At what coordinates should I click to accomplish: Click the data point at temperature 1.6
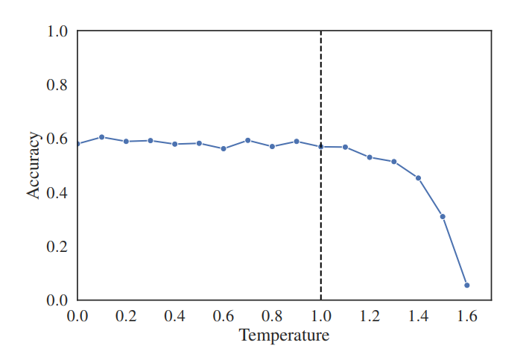pos(467,285)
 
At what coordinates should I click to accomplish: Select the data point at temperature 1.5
pos(443,217)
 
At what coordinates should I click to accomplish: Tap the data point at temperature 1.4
pos(418,178)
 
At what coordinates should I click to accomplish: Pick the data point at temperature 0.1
pos(101,137)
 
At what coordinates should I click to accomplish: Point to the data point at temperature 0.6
pos(224,149)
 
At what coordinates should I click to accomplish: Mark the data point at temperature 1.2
pos(370,157)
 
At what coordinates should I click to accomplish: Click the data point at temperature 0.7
pos(247,140)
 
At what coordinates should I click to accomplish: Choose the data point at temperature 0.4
pos(174,144)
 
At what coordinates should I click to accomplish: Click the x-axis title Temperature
pos(284,335)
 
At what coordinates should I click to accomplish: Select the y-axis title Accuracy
pos(34,165)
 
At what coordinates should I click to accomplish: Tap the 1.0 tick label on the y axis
pos(57,31)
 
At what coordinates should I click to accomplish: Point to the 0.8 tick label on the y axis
pos(57,85)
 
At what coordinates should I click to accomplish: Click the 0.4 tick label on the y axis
pos(57,193)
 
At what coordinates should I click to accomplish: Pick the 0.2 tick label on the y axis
pos(57,247)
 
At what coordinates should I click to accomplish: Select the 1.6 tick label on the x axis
pos(467,316)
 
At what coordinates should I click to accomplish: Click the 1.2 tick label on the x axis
pos(370,316)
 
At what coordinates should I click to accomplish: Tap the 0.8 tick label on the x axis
pos(272,316)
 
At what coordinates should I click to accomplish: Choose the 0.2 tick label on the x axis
pos(126,316)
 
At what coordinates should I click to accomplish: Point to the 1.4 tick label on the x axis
pos(418,316)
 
